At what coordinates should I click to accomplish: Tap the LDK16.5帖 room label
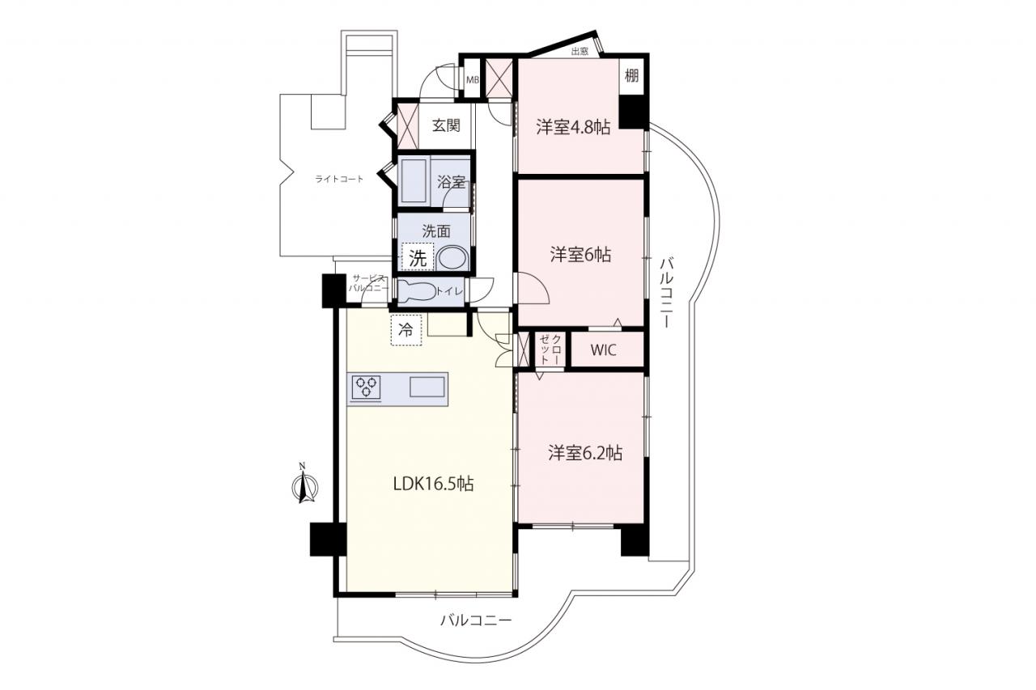433,484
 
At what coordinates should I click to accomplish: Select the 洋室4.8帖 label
573,127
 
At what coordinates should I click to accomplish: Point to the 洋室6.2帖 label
585,453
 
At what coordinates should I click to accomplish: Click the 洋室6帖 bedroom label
580,255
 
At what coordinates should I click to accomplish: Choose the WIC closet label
603,349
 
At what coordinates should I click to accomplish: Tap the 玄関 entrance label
446,125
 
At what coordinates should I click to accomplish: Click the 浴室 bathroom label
452,182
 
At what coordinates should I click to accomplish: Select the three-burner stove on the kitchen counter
367,387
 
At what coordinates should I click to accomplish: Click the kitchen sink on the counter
427,387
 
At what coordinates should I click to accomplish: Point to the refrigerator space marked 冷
406,330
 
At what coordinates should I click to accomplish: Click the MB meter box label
472,80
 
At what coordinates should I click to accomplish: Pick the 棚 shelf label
631,75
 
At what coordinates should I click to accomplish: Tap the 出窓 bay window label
580,52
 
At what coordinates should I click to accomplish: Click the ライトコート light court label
339,179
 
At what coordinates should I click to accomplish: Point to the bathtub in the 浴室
414,180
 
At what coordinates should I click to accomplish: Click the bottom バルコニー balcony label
476,620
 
